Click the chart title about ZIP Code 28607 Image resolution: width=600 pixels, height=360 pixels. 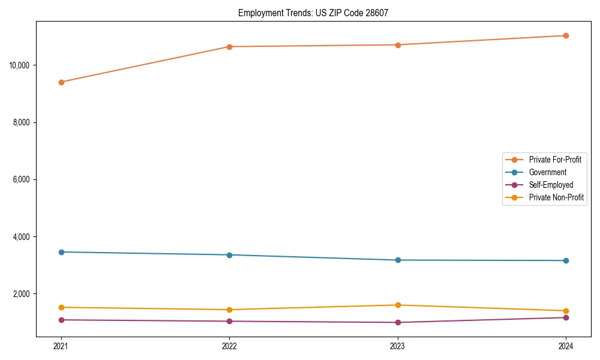tap(313, 13)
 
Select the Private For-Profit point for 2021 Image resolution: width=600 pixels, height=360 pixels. tap(61, 82)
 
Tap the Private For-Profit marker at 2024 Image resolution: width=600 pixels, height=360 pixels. tap(566, 35)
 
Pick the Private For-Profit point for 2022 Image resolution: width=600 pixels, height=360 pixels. tap(229, 47)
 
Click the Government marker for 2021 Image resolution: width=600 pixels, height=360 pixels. tap(61, 252)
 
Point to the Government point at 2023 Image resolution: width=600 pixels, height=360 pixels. tap(398, 260)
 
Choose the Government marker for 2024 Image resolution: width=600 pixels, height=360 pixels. tap(566, 260)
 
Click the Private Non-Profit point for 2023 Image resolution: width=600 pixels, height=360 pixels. tap(398, 305)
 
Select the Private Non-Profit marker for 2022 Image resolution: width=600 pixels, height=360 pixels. tap(229, 310)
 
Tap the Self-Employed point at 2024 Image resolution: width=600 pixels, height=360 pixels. tap(566, 317)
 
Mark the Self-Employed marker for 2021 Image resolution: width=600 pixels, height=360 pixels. tap(61, 320)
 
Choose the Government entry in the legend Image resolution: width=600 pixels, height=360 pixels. tap(547, 172)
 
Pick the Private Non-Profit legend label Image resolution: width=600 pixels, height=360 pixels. tap(556, 197)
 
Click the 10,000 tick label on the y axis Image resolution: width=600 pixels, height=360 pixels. tap(21, 65)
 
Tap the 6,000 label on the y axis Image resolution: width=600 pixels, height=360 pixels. tap(23, 179)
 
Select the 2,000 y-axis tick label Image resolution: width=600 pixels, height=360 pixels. tap(23, 294)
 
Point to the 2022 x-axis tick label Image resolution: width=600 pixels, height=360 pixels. tap(229, 346)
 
